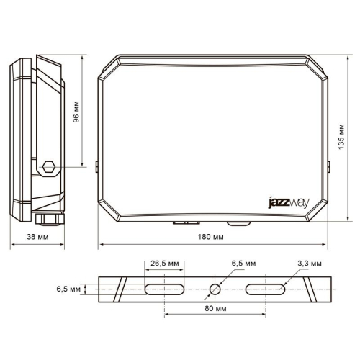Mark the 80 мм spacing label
pyautogui.click(x=212, y=308)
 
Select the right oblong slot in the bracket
pyautogui.click(x=266, y=289)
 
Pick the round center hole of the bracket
pyautogui.click(x=214, y=289)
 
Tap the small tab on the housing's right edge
pyautogui.click(x=328, y=166)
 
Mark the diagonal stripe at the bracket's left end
pyautogui.click(x=120, y=289)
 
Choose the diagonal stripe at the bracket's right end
pyautogui.click(x=310, y=289)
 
